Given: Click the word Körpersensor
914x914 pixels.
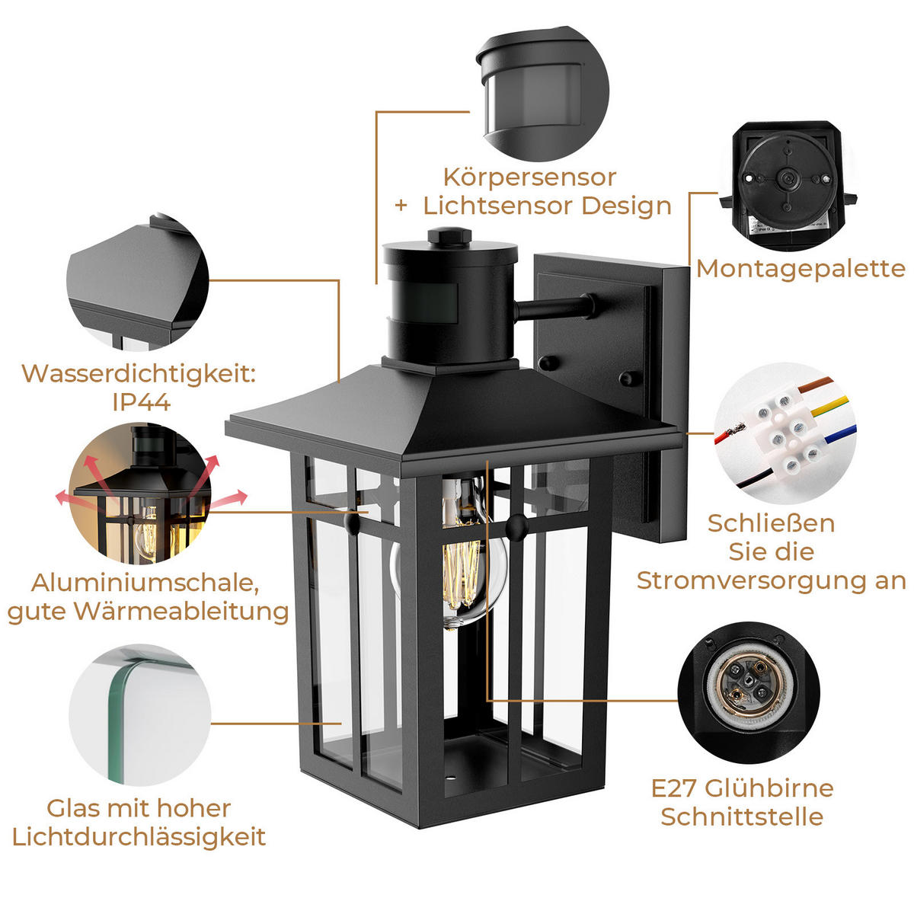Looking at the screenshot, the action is tap(529, 178).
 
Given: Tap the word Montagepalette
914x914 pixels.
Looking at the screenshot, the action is tap(801, 270).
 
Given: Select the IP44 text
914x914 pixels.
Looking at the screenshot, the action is tap(142, 402).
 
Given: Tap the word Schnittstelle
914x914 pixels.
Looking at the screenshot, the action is tap(742, 817).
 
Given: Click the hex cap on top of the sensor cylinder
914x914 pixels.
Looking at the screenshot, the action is tap(449, 235).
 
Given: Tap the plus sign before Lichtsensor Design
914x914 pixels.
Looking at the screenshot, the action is tap(401, 206).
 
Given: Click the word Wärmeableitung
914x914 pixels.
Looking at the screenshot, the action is tap(181, 611).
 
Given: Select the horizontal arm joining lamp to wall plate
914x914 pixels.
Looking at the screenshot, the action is tap(554, 307).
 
